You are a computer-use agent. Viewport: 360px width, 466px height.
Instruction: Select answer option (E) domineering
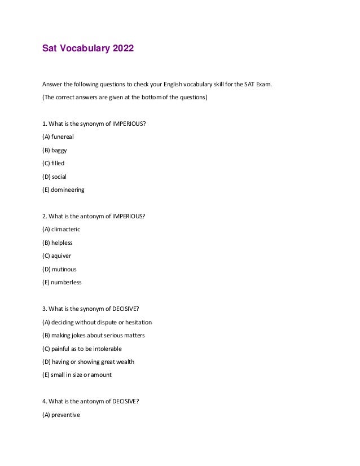63,190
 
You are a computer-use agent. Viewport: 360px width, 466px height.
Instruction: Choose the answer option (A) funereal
58,137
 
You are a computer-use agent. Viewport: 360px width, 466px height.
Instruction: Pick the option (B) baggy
55,150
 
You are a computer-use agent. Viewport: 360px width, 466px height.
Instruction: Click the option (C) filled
54,164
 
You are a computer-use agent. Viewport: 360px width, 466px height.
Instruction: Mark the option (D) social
55,177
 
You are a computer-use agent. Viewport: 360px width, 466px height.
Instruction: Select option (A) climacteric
62,230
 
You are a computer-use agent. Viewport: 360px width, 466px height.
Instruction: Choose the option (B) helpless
58,243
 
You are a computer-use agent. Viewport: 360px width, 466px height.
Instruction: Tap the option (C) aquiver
57,256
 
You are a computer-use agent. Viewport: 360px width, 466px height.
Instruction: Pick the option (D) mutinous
59,269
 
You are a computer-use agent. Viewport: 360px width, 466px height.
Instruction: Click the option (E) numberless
62,283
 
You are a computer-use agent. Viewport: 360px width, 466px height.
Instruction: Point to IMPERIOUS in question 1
130,124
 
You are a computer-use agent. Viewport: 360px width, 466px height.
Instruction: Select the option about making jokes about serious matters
94,335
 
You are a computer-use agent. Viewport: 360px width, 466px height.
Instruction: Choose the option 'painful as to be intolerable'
82,349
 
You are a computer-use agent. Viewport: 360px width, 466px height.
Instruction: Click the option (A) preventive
62,415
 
